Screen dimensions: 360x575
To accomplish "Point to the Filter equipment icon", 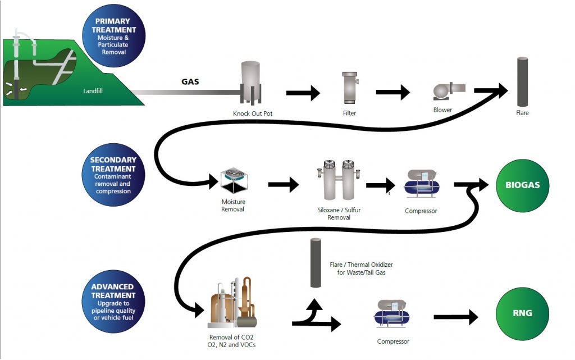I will coord(350,88).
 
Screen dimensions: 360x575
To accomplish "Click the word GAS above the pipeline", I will coord(190,81).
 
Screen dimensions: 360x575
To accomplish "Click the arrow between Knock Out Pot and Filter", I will coord(303,93).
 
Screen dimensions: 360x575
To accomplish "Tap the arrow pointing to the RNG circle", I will coord(455,318).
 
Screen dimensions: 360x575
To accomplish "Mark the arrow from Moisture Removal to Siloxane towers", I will coord(284,184).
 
